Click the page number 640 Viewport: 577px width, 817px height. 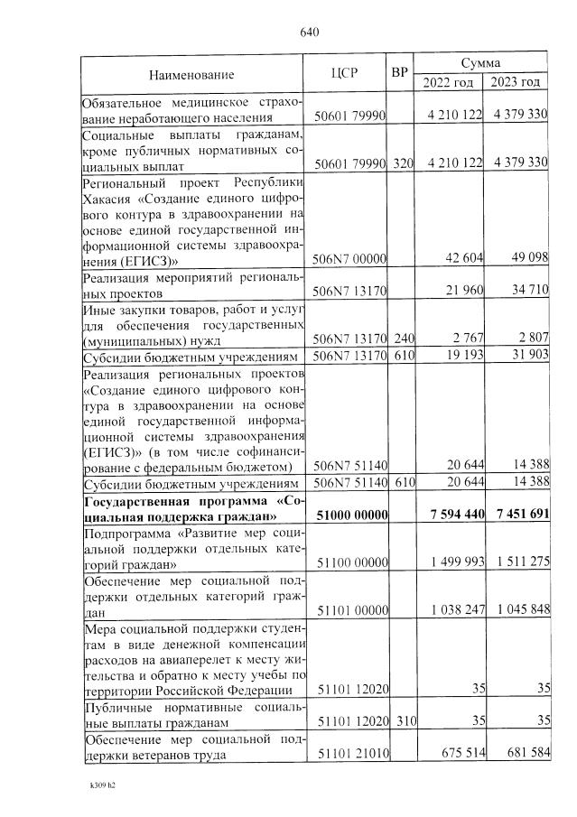coord(310,33)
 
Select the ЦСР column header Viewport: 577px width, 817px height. coord(348,74)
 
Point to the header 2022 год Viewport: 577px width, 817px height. coord(448,82)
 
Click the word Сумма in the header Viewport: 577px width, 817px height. coord(480,63)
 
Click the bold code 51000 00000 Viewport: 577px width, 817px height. coord(350,515)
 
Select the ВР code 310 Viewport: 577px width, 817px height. coord(403,722)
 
